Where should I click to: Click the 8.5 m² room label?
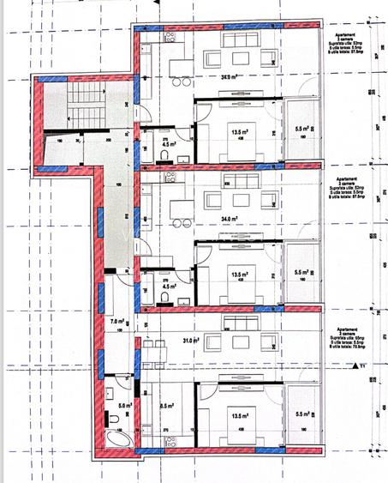click(x=166, y=407)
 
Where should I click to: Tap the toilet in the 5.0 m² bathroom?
click(x=113, y=418)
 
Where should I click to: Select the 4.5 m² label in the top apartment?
click(x=168, y=145)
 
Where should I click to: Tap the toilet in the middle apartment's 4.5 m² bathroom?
click(x=164, y=297)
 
